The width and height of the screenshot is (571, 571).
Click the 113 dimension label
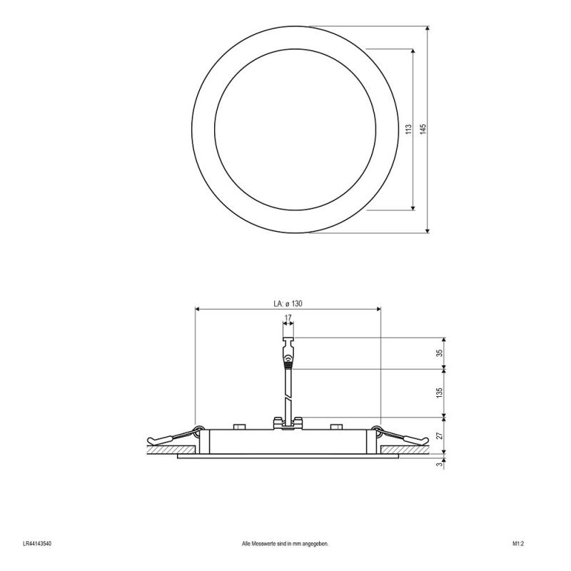[x=408, y=129]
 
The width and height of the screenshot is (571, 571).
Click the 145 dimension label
[x=423, y=129]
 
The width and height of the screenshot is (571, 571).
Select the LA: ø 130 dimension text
[x=288, y=303]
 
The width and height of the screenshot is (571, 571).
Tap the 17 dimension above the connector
[x=288, y=318]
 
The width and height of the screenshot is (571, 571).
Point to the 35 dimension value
[x=440, y=353]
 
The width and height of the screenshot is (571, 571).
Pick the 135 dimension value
[x=440, y=392]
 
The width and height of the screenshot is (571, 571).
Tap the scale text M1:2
[x=518, y=543]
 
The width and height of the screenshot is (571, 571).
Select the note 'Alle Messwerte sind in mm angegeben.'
[x=285, y=543]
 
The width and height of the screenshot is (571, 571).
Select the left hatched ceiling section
[x=171, y=450]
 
